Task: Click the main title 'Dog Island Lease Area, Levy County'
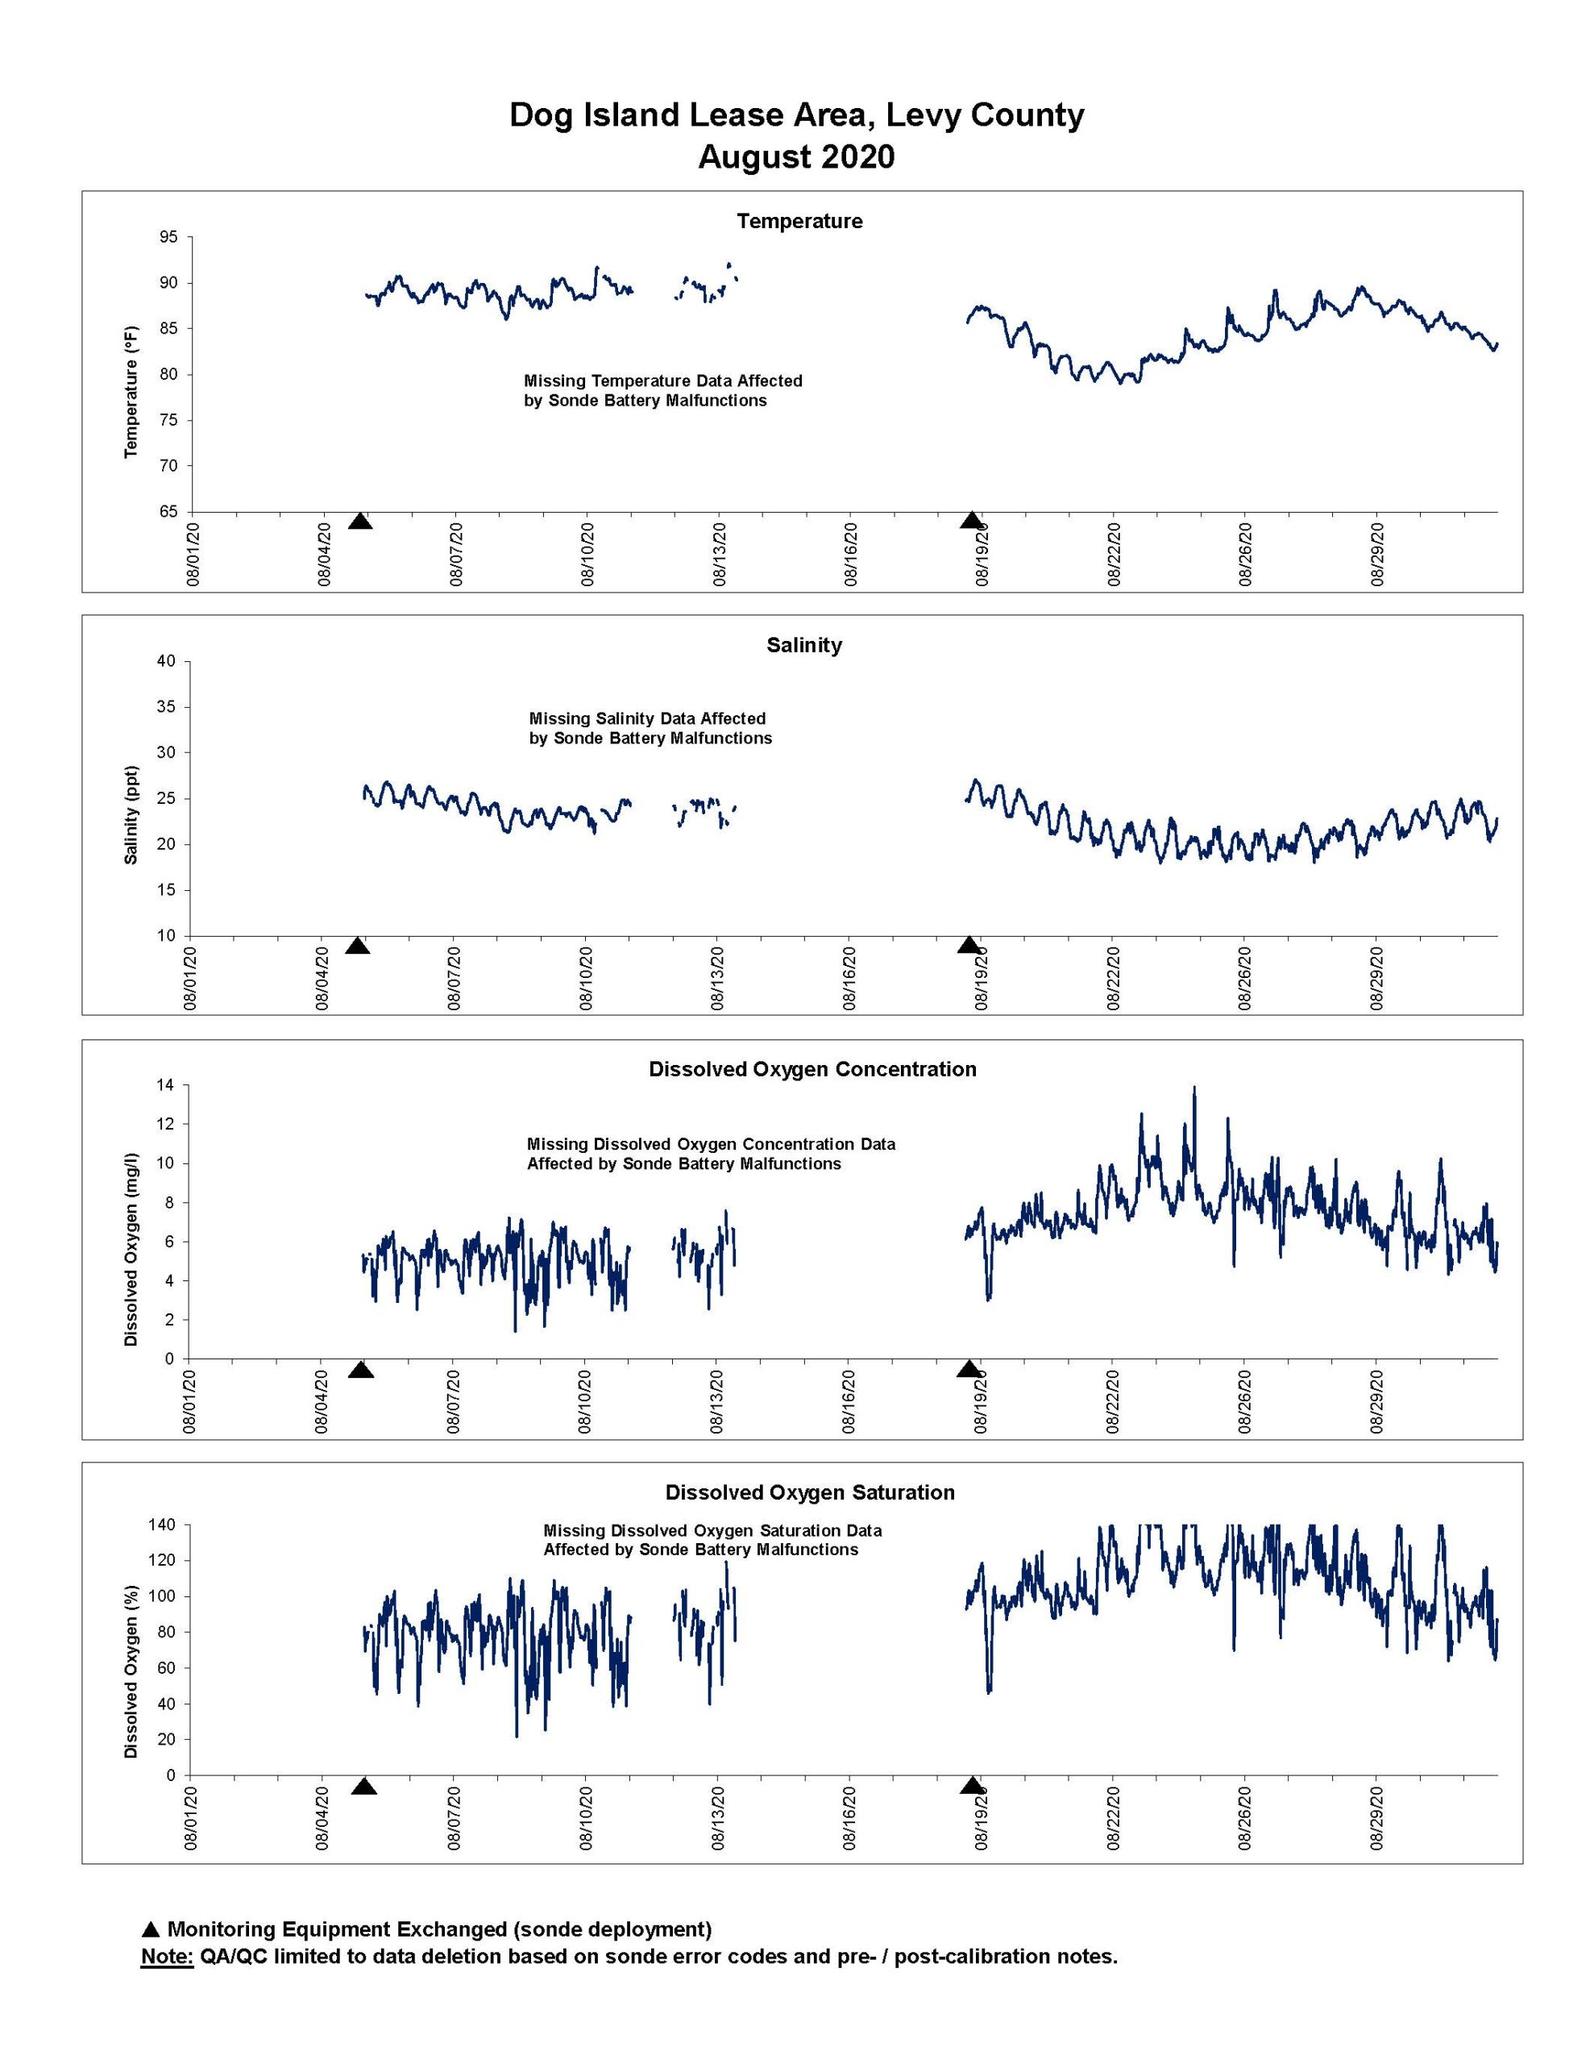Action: (x=796, y=114)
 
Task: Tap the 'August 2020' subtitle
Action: (x=796, y=156)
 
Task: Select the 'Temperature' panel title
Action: (x=799, y=221)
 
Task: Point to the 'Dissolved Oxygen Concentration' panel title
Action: (x=812, y=1069)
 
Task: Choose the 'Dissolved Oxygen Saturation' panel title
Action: (x=810, y=1492)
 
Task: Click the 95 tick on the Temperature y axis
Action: (x=169, y=237)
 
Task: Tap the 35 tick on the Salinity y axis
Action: (x=168, y=707)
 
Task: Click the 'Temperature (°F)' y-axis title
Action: (x=131, y=392)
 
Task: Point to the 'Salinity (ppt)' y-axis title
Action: (x=131, y=814)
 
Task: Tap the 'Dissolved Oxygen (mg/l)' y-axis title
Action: (x=131, y=1250)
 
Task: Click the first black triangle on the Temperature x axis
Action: (x=360, y=521)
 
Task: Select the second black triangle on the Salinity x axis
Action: (x=969, y=945)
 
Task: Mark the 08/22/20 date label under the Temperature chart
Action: (x=1115, y=555)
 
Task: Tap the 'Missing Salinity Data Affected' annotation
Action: (x=647, y=718)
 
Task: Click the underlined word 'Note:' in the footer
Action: (x=168, y=1956)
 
